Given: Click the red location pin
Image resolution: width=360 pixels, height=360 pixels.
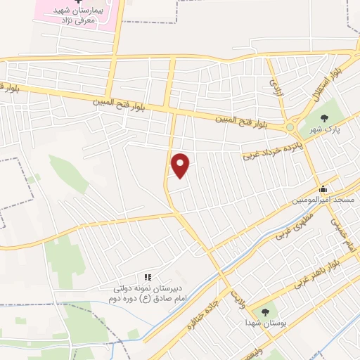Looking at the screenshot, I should click(x=181, y=165).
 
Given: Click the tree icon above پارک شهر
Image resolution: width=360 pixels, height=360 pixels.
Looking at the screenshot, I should click(x=324, y=118).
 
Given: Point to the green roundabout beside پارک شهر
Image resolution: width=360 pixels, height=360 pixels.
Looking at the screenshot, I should click(x=290, y=127).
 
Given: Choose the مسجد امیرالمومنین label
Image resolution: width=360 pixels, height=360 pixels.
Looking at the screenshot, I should click(x=323, y=200).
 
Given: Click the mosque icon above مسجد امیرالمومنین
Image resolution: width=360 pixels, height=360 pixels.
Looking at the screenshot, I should click(x=323, y=188).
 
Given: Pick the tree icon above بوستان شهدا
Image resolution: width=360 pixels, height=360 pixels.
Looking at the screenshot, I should click(x=265, y=311).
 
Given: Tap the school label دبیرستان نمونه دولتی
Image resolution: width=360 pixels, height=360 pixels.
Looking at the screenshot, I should click(x=148, y=289).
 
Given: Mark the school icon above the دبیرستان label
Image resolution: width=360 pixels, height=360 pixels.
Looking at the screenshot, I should click(x=148, y=277).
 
